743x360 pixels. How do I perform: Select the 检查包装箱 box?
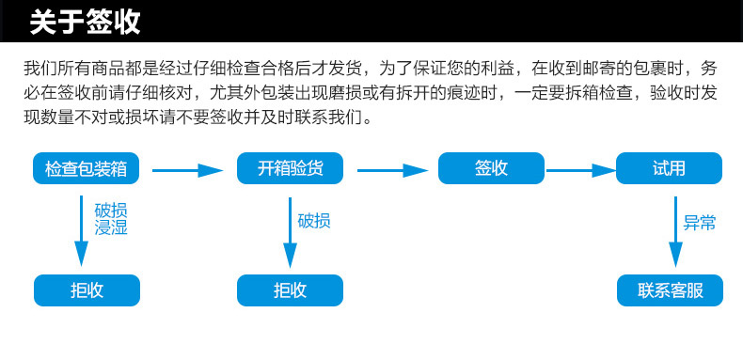point(87,168)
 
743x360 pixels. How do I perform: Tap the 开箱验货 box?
point(290,168)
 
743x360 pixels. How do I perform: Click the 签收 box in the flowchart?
point(492,168)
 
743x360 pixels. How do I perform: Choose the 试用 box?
point(669,168)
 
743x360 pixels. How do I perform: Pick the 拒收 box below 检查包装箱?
point(87,290)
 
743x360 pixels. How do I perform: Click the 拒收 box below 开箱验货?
point(290,290)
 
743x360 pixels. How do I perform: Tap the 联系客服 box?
point(669,290)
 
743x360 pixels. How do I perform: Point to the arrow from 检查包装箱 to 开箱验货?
point(188,170)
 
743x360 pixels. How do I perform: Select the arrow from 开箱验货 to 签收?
point(391,170)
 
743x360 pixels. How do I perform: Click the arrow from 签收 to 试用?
point(581,170)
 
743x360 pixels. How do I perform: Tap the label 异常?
point(700,223)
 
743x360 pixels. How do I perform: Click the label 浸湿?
point(111,227)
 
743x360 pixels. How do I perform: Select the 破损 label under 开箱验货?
point(314,221)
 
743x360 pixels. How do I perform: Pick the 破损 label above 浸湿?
point(111,210)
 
